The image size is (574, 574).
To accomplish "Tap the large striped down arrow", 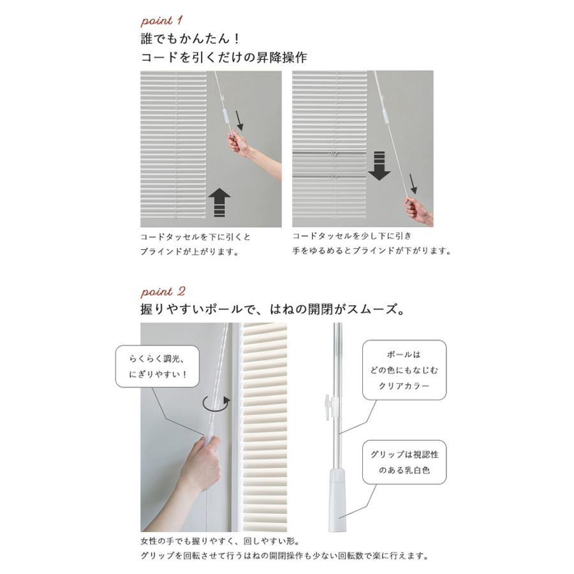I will pos(379,165).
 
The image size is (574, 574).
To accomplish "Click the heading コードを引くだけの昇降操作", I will pos(224,57).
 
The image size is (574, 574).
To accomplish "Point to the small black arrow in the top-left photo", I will pos(240,119).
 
